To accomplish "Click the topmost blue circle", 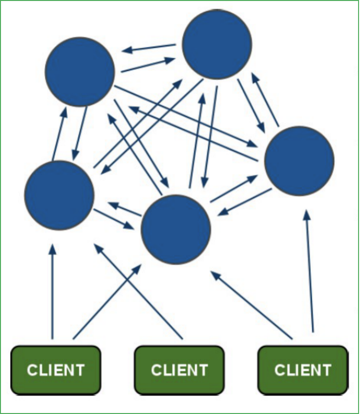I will [x=217, y=44].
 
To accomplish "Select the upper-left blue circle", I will [x=80, y=71].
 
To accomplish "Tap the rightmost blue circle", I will [x=299, y=161].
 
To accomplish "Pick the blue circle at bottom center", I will [x=176, y=229].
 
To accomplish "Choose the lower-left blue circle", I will [x=59, y=195].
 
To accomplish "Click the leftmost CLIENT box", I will [x=56, y=370].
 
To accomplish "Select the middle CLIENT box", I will [x=179, y=370].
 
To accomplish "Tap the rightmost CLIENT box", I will [x=303, y=370].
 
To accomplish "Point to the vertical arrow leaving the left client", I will [x=52, y=291].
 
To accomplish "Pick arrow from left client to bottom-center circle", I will [x=107, y=301].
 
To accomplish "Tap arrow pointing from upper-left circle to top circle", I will [x=148, y=65].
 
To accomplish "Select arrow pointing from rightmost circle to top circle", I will [x=265, y=100].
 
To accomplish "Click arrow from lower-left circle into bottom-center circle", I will [x=114, y=219].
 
